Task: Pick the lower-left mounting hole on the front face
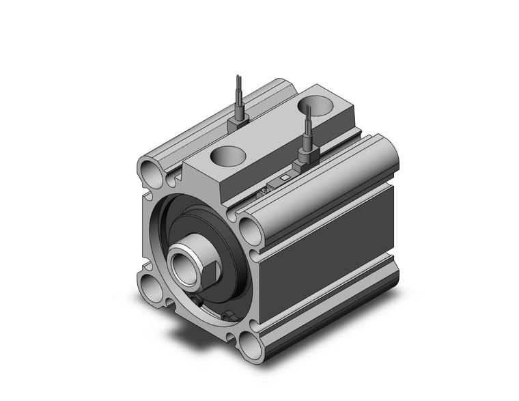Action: point(150,288)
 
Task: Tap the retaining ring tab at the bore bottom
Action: point(229,316)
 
